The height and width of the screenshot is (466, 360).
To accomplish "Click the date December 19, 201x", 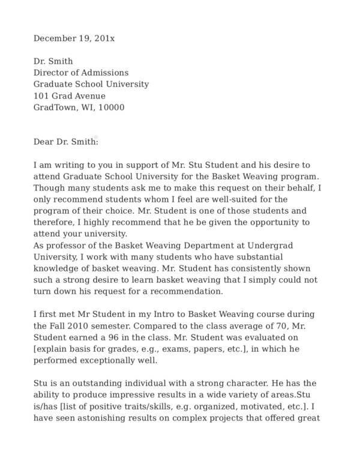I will click(74, 38).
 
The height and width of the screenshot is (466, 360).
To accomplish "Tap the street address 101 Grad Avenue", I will click(69, 96).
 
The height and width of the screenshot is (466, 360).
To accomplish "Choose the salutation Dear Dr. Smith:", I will click(65, 142).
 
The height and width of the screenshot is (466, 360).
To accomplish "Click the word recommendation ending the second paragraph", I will click(188, 291).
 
